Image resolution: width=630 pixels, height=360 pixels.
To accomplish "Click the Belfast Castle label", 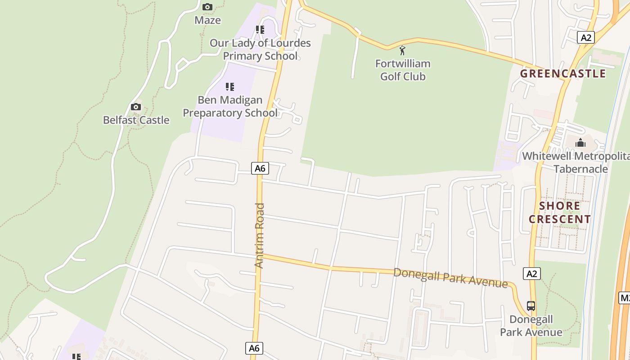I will point(136,120).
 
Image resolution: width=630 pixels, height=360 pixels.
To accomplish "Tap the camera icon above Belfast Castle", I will point(135,107).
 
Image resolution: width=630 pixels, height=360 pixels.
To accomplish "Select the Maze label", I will point(207,20).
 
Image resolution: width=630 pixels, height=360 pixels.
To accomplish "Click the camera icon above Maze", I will point(207,7).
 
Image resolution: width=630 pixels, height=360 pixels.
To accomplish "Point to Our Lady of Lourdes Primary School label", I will point(260,49).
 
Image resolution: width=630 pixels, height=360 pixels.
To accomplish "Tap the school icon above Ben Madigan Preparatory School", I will point(230,86).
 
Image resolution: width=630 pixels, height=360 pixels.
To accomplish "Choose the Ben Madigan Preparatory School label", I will point(230,106).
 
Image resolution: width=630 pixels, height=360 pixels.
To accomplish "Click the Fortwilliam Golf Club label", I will point(403,70).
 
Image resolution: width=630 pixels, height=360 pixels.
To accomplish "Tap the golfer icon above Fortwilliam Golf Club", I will point(402,50).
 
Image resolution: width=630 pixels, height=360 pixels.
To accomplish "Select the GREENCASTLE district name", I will point(563,73).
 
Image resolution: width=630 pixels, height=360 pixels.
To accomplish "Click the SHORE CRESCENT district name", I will point(560,213).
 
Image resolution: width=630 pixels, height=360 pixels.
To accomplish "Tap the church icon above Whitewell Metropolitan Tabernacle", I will point(580,143).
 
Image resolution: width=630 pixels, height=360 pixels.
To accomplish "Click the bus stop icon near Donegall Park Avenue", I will point(531,306).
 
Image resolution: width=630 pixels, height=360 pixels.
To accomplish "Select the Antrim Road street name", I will point(259,236).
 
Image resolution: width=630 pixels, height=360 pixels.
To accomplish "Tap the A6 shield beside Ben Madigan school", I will point(260,168).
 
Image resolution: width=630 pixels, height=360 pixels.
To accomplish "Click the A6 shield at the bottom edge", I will point(254,348).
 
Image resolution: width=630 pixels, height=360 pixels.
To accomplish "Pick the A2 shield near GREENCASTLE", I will point(586,37).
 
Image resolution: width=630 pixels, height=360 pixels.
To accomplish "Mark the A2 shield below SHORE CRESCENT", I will point(532,273).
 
